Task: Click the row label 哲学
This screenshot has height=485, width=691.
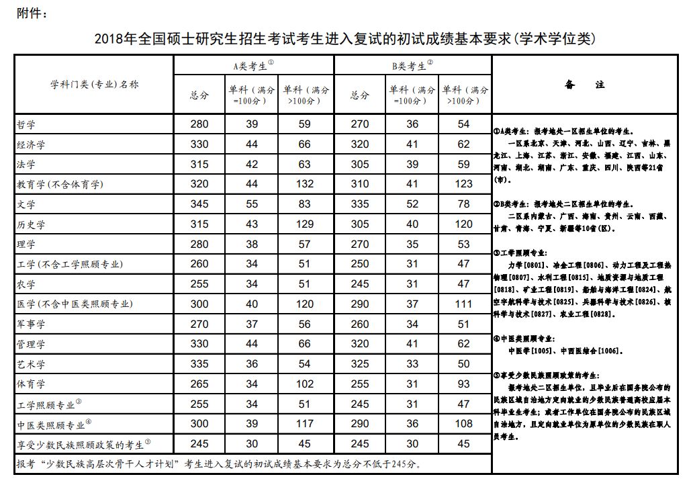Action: [26, 125]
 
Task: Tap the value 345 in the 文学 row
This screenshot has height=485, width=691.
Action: [199, 204]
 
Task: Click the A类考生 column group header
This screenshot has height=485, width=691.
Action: [253, 66]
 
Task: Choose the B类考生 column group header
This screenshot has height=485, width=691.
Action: [412, 66]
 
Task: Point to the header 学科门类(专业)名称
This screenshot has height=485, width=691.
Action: [94, 84]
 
